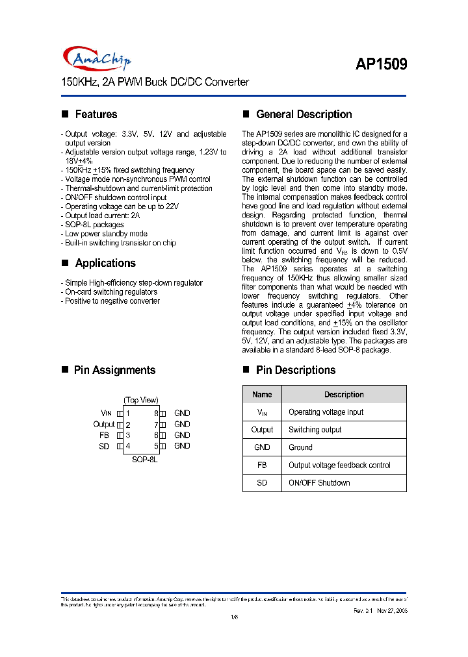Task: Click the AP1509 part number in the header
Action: point(381,64)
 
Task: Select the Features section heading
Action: point(96,114)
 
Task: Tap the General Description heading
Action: point(304,114)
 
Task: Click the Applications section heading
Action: point(105,263)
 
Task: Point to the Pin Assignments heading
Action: point(114,370)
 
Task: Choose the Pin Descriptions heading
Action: point(296,370)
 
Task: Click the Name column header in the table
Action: point(262,395)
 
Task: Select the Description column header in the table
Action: point(344,395)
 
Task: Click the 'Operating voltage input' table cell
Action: point(326,412)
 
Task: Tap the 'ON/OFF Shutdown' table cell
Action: point(319,483)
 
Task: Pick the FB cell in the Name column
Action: point(262,465)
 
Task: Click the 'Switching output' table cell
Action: point(315,430)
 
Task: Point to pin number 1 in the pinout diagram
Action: point(128,413)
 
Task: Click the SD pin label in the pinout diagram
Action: point(104,446)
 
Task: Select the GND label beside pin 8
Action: point(182,413)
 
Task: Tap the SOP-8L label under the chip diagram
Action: point(144,459)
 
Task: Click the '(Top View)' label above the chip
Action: point(141,400)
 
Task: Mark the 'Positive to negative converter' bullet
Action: point(112,301)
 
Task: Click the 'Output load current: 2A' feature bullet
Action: point(101,216)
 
